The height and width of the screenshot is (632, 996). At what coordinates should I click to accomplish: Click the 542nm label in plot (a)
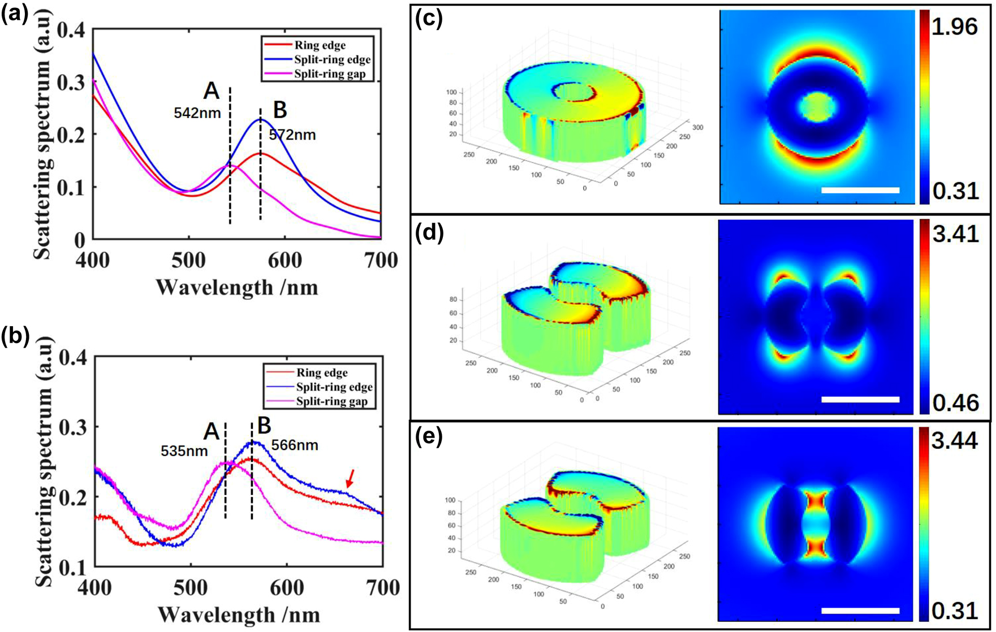point(197,112)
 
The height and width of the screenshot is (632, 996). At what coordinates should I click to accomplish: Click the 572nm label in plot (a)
point(292,135)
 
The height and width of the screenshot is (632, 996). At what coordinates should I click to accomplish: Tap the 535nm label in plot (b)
point(184,451)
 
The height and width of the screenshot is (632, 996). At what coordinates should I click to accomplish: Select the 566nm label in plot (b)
point(295,445)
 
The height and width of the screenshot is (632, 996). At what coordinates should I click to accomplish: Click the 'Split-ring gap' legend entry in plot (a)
point(330,74)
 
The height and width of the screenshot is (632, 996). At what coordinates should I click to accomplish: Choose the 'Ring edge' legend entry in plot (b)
point(321,373)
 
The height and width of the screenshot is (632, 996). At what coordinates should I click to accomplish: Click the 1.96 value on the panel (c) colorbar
point(954,27)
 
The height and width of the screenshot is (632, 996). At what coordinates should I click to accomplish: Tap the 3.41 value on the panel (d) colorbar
point(955,233)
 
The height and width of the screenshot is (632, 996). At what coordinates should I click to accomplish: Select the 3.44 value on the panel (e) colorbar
point(955,440)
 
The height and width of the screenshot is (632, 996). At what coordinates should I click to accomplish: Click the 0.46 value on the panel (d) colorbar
point(955,402)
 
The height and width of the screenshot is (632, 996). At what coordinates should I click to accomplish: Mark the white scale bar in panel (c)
point(860,191)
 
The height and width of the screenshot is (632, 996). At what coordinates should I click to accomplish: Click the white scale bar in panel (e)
point(860,611)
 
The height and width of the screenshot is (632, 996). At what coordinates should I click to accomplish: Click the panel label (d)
point(428,232)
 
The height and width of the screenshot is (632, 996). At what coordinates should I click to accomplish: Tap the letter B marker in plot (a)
point(280,110)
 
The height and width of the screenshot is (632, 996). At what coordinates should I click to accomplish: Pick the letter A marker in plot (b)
point(211,431)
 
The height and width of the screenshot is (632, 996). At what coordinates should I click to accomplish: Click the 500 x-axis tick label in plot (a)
point(188,260)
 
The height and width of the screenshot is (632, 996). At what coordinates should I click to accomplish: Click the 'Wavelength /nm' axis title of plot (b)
point(239,614)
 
